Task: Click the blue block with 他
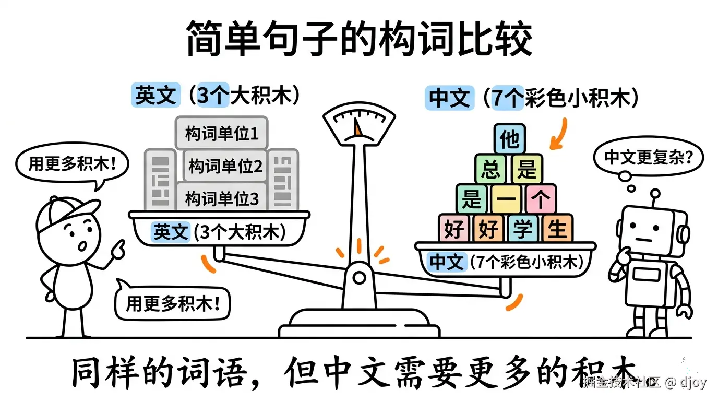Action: click(509, 139)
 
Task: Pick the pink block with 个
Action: click(541, 199)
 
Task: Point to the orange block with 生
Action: click(557, 229)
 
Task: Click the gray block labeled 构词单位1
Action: click(221, 134)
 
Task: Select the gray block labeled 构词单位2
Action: click(225, 167)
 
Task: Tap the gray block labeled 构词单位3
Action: click(222, 198)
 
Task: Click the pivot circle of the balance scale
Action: click(359, 277)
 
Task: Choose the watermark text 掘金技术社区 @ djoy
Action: click(645, 382)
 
